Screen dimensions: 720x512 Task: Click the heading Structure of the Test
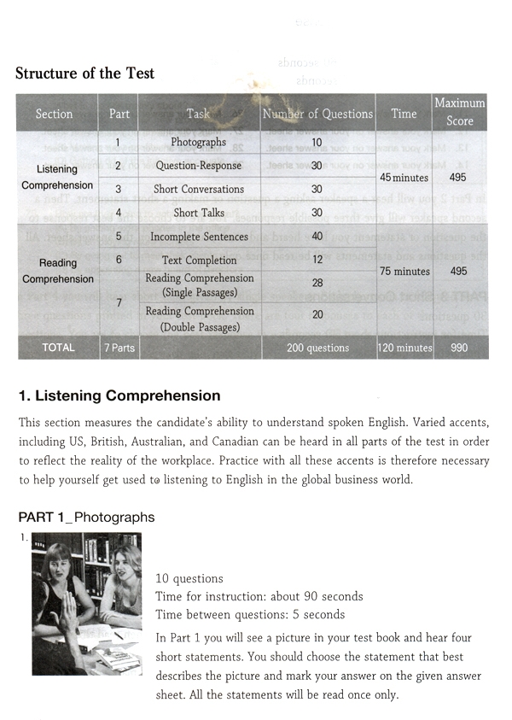click(x=85, y=73)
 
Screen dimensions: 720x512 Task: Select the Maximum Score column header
click(x=459, y=112)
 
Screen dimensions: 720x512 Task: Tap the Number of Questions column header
click(x=317, y=114)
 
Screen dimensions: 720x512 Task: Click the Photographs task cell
click(x=198, y=143)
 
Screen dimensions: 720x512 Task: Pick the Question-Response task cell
click(x=198, y=166)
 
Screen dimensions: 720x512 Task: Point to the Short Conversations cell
click(x=198, y=190)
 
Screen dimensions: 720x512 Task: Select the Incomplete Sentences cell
click(x=198, y=237)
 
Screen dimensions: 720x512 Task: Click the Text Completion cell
click(x=198, y=260)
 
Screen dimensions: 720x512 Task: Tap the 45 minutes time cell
click(x=404, y=178)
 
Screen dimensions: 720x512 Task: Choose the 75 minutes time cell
click(x=404, y=272)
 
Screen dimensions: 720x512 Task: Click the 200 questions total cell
click(x=317, y=348)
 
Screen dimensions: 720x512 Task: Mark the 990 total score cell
click(x=459, y=348)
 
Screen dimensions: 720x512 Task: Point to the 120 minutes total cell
click(x=404, y=348)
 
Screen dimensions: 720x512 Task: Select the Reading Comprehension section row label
click(x=57, y=272)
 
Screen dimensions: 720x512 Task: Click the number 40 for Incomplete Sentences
click(x=317, y=237)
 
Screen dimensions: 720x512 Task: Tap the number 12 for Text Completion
click(x=317, y=260)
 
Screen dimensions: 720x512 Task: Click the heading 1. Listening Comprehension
click(x=119, y=396)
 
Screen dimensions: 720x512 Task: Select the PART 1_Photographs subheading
click(x=86, y=518)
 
